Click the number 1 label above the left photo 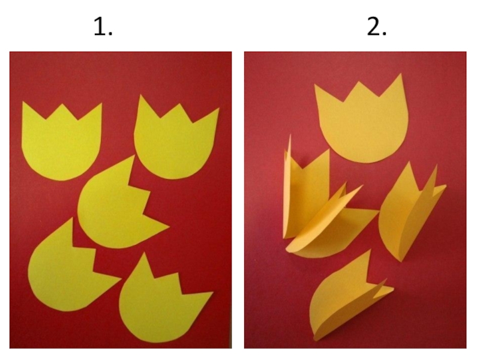(x=103, y=26)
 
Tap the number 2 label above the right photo (x=377, y=26)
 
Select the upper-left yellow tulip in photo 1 (x=61, y=142)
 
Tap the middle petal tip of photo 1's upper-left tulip (x=63, y=104)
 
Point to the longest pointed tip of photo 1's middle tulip (x=169, y=227)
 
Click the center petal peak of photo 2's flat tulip (x=357, y=82)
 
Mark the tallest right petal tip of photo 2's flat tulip (x=400, y=74)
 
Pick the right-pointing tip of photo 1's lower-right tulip (x=212, y=293)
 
